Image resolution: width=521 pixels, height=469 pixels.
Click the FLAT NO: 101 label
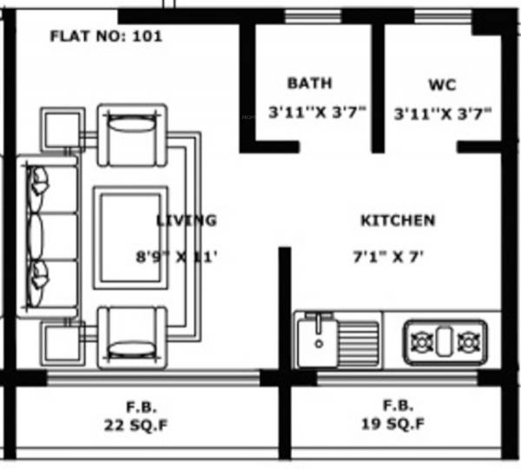[x=106, y=36]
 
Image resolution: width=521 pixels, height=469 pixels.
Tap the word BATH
[x=310, y=83]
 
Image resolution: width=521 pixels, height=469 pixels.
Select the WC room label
[x=442, y=85]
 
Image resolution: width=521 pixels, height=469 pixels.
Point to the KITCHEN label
[x=398, y=221]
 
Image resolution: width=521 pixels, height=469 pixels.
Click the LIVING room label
[x=186, y=221]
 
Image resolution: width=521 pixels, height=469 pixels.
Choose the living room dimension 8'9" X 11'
[x=176, y=257]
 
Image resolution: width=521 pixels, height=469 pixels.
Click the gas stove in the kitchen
[x=445, y=340]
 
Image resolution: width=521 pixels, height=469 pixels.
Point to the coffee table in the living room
[x=131, y=235]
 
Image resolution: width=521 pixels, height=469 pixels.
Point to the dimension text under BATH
[x=317, y=113]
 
